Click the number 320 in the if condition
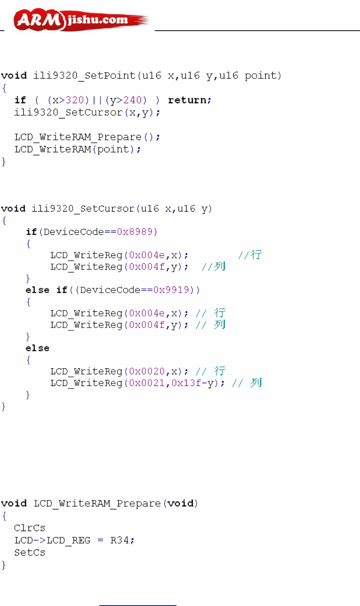[75, 100]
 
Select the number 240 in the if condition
[132, 100]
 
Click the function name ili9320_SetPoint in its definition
[84, 75]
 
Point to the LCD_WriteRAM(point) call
[78, 149]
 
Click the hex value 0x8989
[135, 232]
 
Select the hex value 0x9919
[171, 290]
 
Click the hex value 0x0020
[147, 372]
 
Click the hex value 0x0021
[147, 383]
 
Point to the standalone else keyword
[37, 348]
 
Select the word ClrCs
[29, 528]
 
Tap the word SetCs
[29, 552]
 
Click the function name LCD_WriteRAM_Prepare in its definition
[97, 504]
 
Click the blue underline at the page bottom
[138, 605]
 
